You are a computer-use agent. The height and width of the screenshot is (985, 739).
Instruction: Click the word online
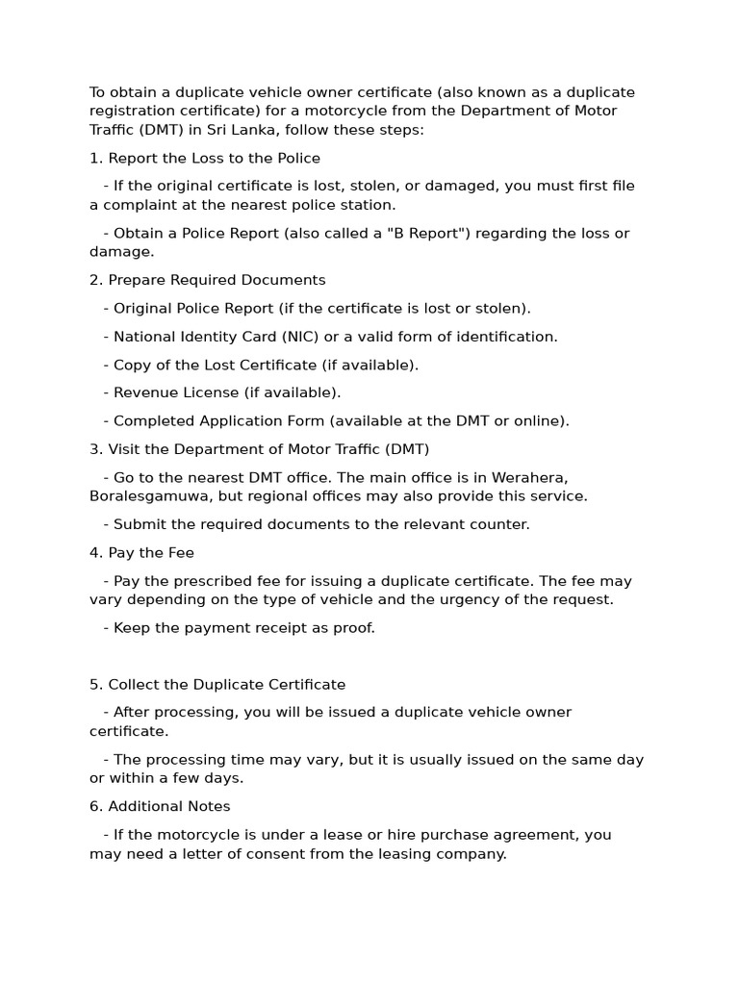tap(538, 420)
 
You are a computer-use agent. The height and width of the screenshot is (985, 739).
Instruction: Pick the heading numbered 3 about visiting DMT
tap(260, 449)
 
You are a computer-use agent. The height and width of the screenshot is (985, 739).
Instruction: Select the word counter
tap(498, 524)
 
